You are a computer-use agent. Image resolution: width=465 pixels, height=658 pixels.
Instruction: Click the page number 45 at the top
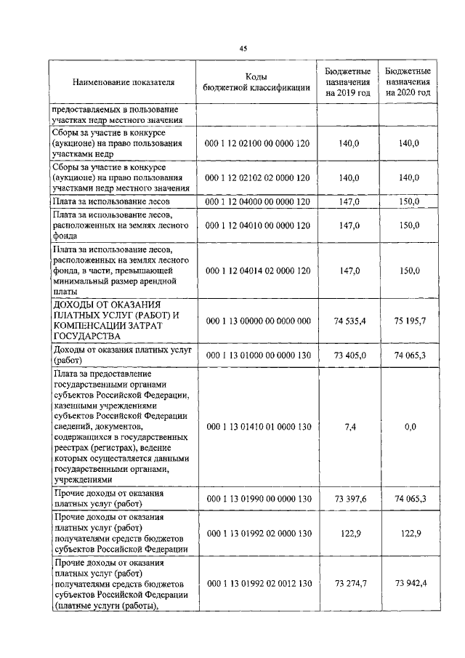pos(243,48)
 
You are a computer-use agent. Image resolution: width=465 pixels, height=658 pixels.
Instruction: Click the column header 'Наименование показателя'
pos(124,83)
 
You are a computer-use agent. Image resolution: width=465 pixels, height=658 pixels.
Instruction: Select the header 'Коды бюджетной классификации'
pos(259,83)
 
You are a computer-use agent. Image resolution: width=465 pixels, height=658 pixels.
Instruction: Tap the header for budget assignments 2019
pos(348,83)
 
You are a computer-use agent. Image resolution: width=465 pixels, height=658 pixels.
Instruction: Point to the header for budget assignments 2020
pos(408,83)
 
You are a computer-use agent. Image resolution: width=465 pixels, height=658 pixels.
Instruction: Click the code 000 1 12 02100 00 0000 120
pos(259,144)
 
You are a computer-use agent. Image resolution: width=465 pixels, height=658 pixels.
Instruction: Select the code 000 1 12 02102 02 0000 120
pos(259,177)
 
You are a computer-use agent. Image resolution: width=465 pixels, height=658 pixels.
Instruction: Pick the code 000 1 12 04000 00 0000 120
pos(259,201)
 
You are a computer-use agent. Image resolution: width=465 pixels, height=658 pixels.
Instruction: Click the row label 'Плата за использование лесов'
pos(110,201)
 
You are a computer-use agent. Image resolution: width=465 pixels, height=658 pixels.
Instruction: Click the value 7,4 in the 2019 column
pos(348,427)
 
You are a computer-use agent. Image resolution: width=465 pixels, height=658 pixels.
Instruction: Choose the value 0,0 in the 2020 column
pos(408,427)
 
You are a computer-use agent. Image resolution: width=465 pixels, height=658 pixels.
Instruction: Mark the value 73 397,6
pos(348,499)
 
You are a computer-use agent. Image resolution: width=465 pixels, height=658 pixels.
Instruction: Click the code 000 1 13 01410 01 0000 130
pos(259,427)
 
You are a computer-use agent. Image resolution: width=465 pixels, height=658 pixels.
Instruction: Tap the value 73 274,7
pos(348,584)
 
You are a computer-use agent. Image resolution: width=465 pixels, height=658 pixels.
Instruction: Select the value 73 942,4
pos(408,584)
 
